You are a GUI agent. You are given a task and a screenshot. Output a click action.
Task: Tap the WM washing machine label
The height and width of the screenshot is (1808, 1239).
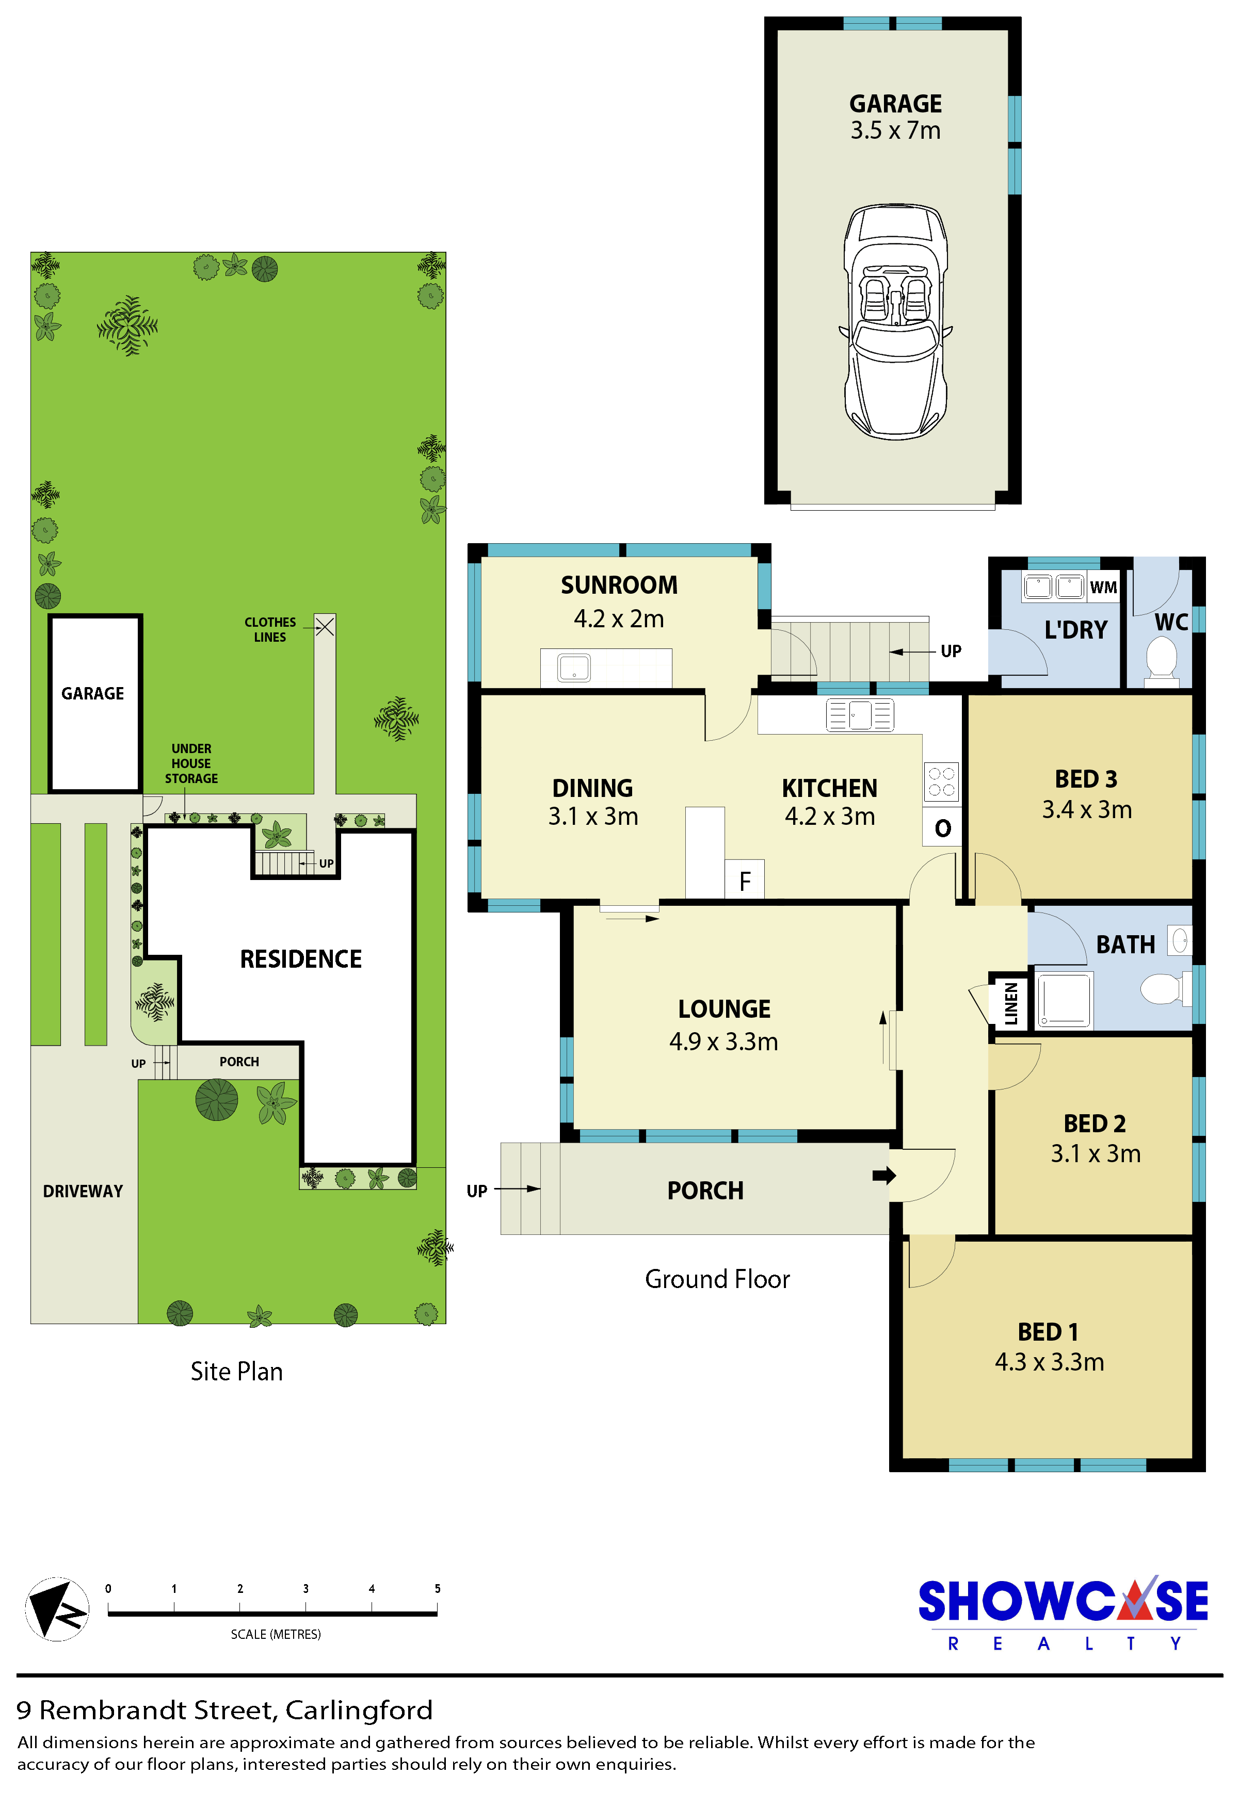1103,588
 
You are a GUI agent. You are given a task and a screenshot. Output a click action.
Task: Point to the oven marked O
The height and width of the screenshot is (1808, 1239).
942,828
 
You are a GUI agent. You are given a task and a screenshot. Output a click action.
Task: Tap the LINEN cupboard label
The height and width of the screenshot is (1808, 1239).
1011,1003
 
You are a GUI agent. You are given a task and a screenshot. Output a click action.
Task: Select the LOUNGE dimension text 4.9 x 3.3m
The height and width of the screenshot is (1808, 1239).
724,1041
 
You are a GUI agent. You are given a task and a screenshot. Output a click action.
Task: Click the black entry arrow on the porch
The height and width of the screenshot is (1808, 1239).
884,1175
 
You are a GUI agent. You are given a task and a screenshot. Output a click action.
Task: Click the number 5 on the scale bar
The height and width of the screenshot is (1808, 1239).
438,1589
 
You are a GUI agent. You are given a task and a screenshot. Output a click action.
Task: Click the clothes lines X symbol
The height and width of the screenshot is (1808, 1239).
325,626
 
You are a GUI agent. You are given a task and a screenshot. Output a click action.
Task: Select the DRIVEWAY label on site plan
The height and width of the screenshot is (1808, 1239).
83,1191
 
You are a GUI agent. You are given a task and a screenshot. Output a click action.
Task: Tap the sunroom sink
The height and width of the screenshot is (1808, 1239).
574,667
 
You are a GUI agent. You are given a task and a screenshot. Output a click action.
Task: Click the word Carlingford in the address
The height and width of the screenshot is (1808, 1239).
358,1710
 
